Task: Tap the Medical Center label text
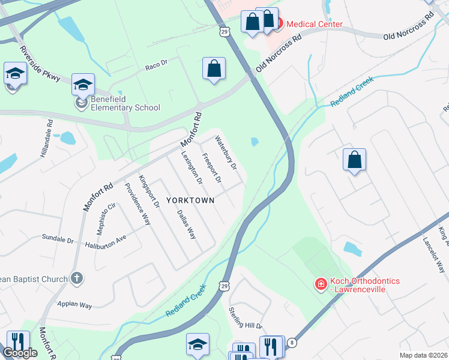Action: click(x=314, y=24)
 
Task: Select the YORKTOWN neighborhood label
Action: click(x=190, y=200)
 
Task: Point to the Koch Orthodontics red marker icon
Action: click(x=321, y=283)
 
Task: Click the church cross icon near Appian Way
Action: click(x=76, y=278)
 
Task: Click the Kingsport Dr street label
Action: click(x=148, y=191)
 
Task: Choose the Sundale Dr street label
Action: click(x=58, y=239)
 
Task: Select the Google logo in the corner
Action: click(x=20, y=353)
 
